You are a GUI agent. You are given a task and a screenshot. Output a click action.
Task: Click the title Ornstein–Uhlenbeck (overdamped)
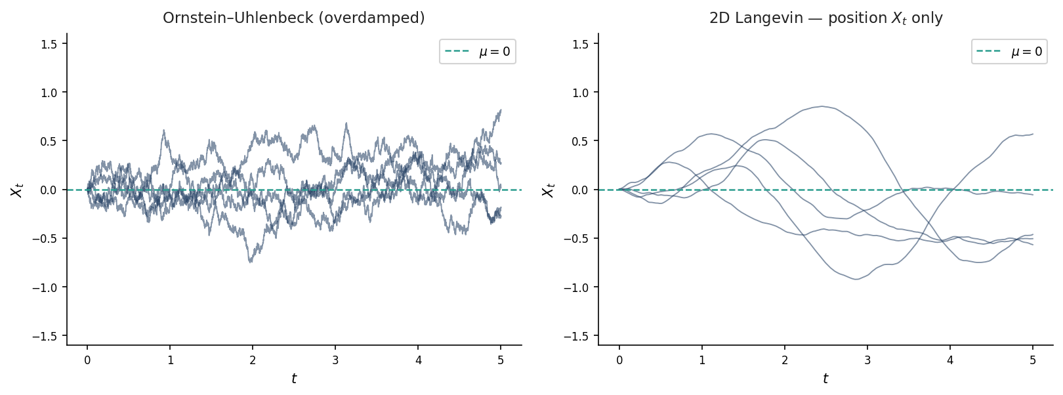pos(293,18)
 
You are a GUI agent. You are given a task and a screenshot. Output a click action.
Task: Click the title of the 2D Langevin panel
pos(825,18)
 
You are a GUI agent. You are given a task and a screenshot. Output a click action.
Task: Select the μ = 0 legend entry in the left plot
pos(478,52)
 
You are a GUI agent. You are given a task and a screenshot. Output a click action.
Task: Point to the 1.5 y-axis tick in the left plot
pos(49,44)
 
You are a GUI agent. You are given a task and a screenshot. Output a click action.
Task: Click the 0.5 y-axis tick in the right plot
pos(581,141)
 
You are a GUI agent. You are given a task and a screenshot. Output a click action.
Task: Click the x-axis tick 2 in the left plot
pos(253,360)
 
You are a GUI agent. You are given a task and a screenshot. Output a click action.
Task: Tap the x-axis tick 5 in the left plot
pos(501,360)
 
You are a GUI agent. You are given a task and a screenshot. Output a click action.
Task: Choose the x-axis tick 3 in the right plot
pos(867,360)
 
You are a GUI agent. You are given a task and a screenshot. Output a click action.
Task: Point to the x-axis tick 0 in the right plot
pos(619,360)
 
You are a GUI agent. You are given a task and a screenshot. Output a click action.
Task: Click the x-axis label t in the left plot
pos(294,379)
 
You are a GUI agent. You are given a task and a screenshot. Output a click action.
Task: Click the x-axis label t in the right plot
pos(825,379)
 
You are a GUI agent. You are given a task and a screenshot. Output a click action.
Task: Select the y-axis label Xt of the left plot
pos(17,190)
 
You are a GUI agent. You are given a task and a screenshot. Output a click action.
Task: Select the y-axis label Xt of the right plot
pos(549,190)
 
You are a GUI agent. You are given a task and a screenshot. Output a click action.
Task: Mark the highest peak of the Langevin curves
pos(822,106)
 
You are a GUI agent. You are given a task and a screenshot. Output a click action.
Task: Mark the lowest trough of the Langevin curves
pos(856,280)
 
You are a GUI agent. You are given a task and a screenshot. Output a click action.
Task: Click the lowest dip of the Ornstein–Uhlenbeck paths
pos(250,262)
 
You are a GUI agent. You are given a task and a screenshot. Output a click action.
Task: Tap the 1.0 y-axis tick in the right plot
pos(581,93)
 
